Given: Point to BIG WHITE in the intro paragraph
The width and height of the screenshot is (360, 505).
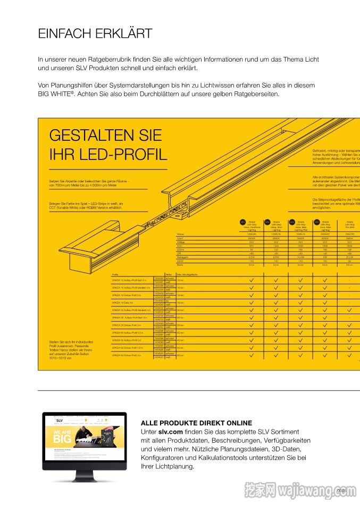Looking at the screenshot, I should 55,94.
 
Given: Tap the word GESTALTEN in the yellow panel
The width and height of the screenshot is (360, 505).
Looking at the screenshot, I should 91,136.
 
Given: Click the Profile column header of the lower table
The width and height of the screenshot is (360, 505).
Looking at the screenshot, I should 115,274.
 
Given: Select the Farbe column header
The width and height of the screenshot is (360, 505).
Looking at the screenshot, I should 168,274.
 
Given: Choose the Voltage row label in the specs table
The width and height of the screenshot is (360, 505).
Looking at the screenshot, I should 181,242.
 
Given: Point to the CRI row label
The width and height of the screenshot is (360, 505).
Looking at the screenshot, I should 179,253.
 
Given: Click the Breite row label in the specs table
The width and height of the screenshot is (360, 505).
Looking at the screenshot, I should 180,264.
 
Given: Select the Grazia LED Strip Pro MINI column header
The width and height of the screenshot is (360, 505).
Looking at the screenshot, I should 349,226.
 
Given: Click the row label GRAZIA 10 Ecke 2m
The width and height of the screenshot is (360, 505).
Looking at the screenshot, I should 122,302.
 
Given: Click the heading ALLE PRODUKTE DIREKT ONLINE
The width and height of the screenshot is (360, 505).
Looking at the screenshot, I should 196,423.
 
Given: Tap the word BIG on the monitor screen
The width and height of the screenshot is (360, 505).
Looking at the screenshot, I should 62,440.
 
